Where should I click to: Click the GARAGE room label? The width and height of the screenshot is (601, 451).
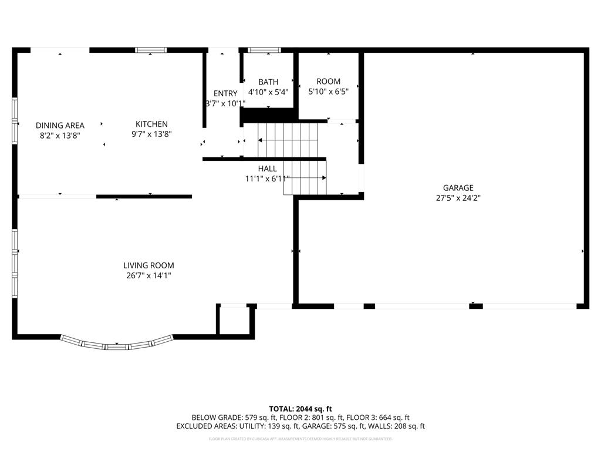(x=458, y=188)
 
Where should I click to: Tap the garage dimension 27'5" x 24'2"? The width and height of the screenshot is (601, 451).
(x=458, y=198)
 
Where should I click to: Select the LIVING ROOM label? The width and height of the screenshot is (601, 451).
(x=148, y=265)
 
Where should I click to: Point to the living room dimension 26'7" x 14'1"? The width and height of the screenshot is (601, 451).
(x=148, y=275)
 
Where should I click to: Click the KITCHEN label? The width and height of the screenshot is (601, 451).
(x=151, y=124)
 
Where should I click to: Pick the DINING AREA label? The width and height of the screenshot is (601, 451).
(x=60, y=125)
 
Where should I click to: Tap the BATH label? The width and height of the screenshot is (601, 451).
(x=268, y=82)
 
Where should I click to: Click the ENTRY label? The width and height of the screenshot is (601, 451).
(x=225, y=93)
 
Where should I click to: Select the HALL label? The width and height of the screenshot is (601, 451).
(x=267, y=169)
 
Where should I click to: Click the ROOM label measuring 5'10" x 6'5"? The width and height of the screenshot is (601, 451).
(x=328, y=82)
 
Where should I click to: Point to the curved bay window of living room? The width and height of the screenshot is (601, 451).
(x=117, y=345)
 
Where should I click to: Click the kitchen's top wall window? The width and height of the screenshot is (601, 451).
(x=151, y=51)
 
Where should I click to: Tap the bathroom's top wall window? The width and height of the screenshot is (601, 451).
(x=264, y=51)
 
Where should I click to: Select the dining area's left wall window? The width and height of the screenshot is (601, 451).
(x=15, y=120)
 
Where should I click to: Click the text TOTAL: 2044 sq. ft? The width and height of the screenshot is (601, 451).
(x=300, y=409)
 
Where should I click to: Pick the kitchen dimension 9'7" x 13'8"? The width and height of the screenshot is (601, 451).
(x=151, y=134)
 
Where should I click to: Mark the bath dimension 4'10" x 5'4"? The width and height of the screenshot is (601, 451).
(x=268, y=92)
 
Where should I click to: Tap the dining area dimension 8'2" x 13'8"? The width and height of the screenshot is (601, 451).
(x=60, y=135)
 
